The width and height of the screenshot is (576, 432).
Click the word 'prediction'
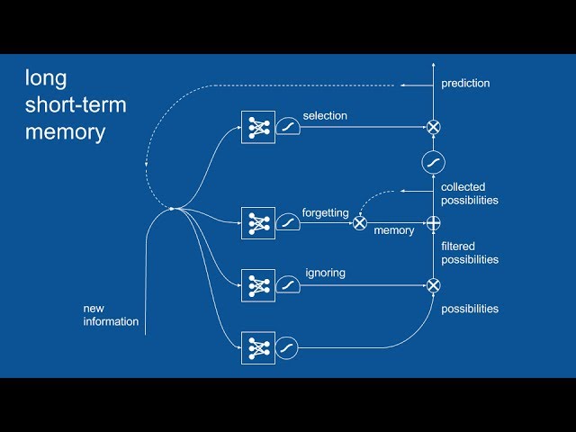465,84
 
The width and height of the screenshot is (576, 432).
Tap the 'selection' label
325,116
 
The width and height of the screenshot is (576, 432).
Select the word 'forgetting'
326,213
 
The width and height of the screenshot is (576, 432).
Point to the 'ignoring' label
326,273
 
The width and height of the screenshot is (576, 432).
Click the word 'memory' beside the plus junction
394,230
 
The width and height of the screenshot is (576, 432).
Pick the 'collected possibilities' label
470,193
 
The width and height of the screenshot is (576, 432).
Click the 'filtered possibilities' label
470,253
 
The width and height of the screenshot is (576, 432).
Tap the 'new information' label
111,315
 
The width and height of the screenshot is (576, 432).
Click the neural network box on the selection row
258,127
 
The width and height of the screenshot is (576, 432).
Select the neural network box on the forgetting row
258,223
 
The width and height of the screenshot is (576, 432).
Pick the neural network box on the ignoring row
258,285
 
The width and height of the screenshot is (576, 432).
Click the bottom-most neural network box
258,348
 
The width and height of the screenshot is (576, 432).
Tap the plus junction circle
434,223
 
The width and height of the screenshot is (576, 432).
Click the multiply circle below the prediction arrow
434,127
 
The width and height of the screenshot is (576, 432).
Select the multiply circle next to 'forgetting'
360,223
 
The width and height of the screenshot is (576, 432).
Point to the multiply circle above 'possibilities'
434,285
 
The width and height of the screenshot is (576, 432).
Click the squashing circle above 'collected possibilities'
434,162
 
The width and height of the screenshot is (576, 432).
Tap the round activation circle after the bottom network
286,348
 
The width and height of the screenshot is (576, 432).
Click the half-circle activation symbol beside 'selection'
288,126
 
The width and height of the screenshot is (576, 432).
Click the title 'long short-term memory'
76,104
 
